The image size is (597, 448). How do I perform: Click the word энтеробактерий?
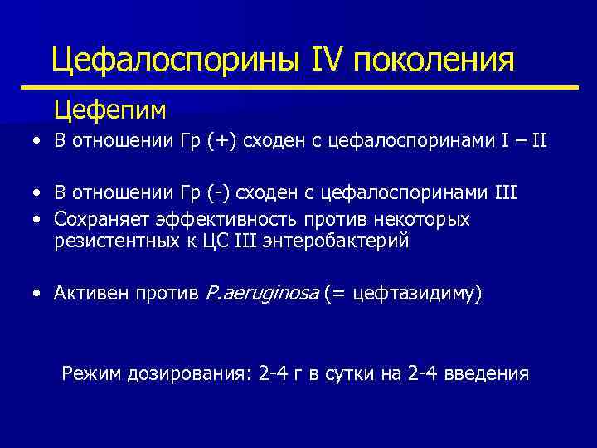pos(327,241)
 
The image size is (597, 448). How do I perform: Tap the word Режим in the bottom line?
pos(91,374)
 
